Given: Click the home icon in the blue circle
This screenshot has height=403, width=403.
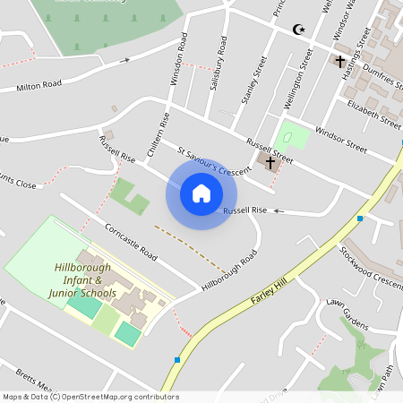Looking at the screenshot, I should [201, 193].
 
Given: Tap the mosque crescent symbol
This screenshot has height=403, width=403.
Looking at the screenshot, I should [299, 30].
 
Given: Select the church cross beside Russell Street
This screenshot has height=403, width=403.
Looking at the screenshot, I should [270, 162].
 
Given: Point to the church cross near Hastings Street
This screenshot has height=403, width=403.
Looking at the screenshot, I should [340, 62].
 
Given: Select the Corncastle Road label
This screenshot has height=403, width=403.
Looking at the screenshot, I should [130, 243].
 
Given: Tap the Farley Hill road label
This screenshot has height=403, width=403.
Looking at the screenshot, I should [270, 289].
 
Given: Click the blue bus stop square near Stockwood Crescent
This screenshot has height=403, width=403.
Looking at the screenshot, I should [360, 219].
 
